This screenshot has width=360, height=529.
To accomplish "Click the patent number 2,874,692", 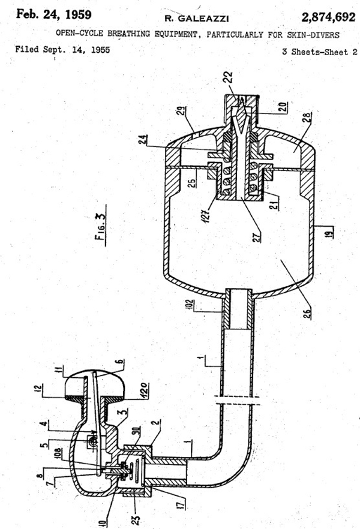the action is coord(328,17).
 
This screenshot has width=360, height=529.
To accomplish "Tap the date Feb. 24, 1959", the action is coord(53,14).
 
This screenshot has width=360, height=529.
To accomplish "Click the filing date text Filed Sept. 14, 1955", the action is coord(62,50).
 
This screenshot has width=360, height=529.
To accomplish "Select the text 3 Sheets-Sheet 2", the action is coord(320,52).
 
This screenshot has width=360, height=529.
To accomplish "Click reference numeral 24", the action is coord(143,139).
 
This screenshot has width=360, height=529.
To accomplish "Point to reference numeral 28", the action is coord(308,118).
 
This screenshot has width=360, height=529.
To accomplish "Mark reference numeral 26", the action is coord(307,314).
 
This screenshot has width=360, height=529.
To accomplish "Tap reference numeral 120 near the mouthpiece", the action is coord(145,390).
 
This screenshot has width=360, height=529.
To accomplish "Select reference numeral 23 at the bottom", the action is coord(136,519).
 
